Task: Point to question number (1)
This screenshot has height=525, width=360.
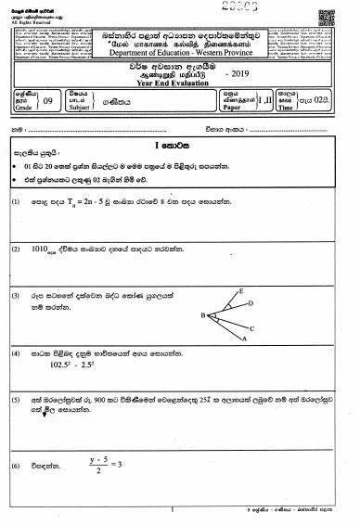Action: (17, 227)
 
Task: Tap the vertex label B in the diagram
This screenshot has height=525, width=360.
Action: (203, 315)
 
